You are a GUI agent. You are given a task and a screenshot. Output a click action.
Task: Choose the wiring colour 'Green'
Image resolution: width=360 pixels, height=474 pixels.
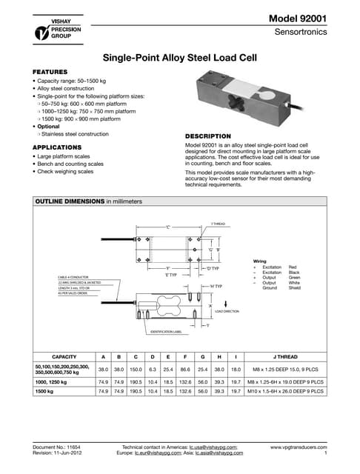point(293,277)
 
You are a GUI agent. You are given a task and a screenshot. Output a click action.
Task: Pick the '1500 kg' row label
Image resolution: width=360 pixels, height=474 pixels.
point(47,390)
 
